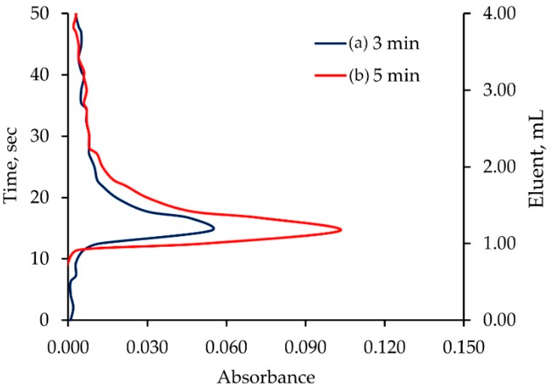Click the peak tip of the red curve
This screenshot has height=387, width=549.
(x=341, y=230)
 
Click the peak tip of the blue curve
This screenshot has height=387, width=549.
(x=214, y=229)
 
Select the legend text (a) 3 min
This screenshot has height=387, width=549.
(x=384, y=43)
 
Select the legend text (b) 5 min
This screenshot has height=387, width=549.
(x=384, y=75)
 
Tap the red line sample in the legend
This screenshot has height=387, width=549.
(x=330, y=75)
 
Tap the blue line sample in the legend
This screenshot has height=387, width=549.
(x=330, y=43)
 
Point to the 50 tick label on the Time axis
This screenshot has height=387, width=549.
(x=40, y=13)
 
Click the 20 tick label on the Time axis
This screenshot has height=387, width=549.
(x=40, y=198)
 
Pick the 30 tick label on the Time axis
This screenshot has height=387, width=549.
(x=40, y=136)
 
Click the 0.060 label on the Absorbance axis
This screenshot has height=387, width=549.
(x=226, y=347)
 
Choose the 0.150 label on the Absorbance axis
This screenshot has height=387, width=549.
(x=463, y=347)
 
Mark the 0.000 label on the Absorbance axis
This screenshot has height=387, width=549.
(x=68, y=347)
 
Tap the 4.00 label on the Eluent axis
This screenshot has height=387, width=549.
(x=499, y=13)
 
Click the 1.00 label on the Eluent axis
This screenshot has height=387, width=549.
(x=499, y=244)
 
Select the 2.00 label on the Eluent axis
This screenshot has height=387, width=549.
(x=499, y=167)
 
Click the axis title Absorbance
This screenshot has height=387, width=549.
(x=266, y=377)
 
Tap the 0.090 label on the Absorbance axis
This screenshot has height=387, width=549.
(x=305, y=347)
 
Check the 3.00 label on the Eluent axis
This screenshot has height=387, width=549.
(x=499, y=90)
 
